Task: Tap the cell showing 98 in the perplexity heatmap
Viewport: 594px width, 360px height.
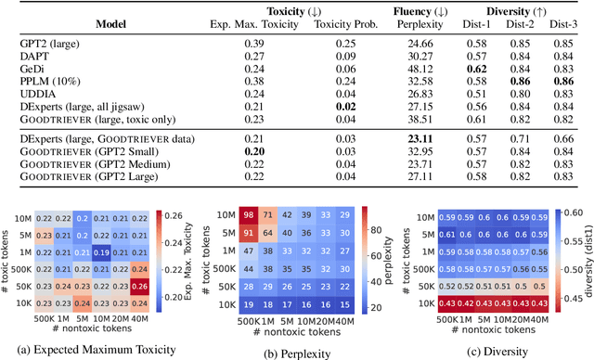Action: click(x=247, y=216)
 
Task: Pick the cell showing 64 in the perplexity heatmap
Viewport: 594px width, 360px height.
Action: click(x=266, y=234)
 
